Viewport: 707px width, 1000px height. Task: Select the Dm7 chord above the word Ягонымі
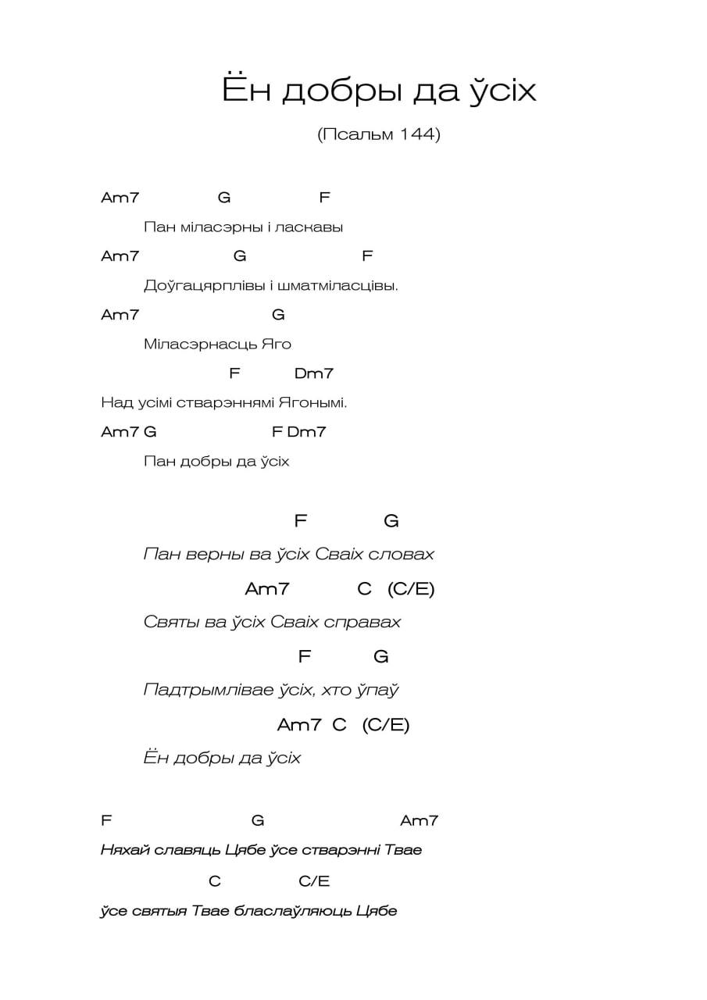[314, 373]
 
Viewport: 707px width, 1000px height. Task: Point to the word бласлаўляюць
[293, 911]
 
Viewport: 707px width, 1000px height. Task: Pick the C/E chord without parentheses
[314, 881]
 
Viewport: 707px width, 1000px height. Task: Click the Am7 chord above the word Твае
[419, 820]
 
